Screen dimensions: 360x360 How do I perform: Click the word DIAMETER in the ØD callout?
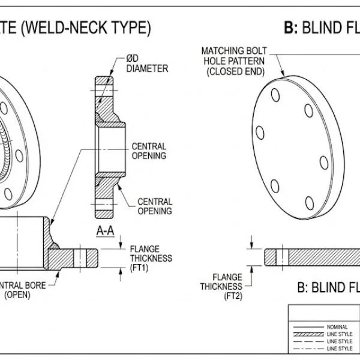point(147,68)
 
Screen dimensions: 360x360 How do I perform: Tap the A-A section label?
point(105,230)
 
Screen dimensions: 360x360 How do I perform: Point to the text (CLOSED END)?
point(235,71)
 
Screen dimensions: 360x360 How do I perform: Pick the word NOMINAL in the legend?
point(337,326)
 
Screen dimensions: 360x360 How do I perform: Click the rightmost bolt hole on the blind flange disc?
point(323,162)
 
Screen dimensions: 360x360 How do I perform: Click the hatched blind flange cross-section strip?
point(324,256)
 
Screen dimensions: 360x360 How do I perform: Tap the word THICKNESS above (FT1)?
point(151,259)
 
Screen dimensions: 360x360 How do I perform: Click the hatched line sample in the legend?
point(307,334)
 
